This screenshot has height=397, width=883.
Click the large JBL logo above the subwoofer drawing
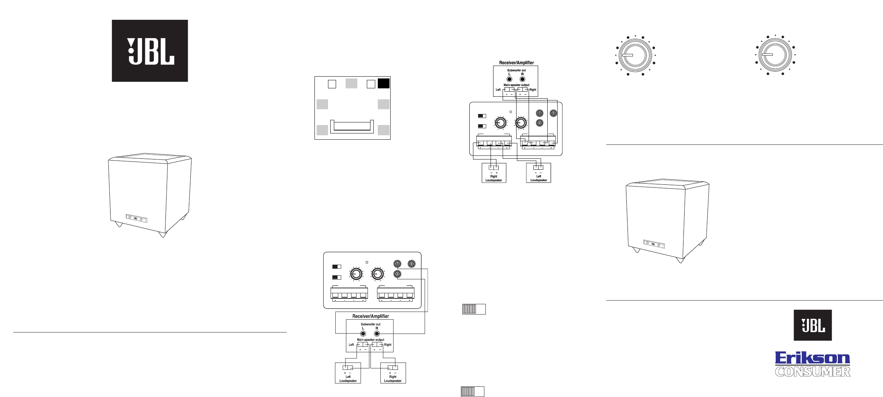150,51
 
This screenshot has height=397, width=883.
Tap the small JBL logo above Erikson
812,325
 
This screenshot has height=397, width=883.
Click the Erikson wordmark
812,358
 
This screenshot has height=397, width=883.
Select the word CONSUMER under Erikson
812,372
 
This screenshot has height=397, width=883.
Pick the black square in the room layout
383,84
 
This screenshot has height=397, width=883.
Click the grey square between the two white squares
351,83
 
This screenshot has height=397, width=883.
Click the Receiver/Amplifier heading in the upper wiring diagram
516,63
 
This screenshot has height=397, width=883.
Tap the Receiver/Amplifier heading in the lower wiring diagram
370,316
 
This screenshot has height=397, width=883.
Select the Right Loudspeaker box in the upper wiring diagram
493,173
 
